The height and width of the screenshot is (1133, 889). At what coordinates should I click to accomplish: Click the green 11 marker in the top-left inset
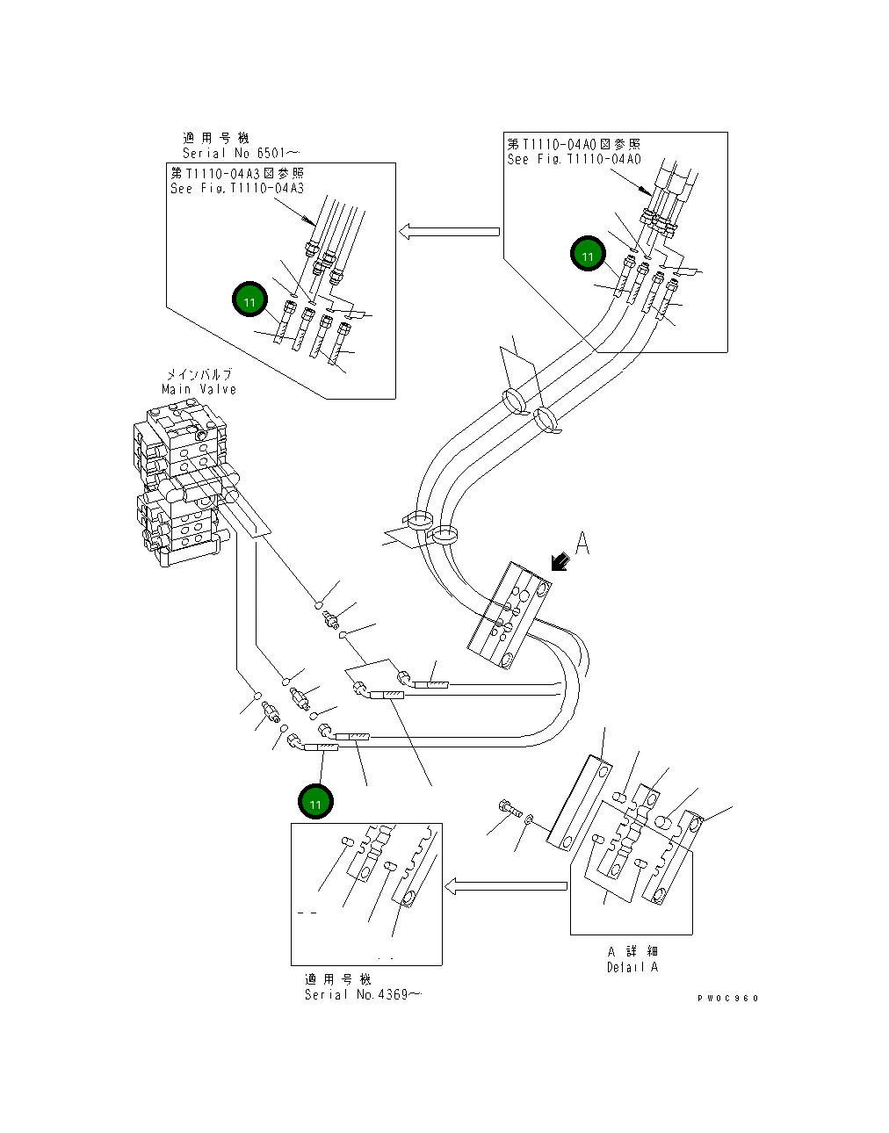249,301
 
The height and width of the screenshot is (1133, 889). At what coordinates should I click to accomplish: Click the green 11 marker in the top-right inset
588,256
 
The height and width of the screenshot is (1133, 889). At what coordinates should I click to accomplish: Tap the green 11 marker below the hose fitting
315,802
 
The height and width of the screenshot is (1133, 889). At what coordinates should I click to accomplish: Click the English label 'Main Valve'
199,389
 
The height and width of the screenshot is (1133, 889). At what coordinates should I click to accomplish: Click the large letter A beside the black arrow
582,545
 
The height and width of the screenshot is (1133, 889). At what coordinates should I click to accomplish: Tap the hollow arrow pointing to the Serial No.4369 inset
505,886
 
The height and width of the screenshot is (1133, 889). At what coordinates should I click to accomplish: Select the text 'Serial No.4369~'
362,994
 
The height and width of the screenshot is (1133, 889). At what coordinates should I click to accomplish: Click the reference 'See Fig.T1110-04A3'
237,188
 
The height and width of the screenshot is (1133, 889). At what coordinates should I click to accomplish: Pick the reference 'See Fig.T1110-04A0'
574,159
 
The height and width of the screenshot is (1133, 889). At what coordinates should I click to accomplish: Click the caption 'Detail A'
632,967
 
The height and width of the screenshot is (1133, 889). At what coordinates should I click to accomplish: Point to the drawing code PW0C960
728,998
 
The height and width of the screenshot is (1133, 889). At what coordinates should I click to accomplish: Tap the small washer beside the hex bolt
526,819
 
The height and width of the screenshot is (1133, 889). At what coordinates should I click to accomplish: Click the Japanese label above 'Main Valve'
199,375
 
